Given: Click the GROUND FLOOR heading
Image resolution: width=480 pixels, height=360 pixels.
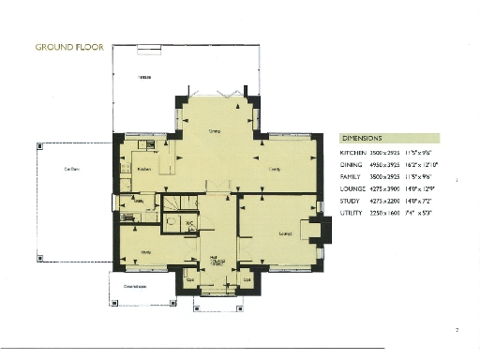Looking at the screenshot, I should coord(68,46).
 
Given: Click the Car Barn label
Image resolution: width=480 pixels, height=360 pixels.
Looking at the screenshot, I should coord(71,169).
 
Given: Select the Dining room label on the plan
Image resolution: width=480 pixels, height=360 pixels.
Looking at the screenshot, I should coord(214,131).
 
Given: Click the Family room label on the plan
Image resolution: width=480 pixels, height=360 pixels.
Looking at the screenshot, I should coord(275,169).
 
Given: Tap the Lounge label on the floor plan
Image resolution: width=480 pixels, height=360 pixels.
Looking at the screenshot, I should coord(275,232).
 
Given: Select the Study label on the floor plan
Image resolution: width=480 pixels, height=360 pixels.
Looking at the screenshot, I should coord(146,251).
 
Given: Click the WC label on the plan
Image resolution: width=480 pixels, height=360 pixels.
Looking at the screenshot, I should coord(188,223).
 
